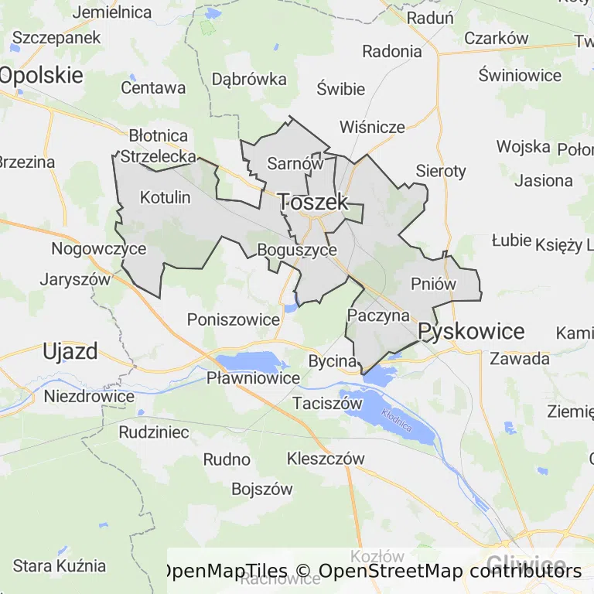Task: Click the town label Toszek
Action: (313, 202)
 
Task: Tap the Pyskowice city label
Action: (471, 332)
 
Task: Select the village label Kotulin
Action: (165, 197)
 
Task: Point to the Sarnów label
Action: (295, 163)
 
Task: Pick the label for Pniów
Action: (434, 284)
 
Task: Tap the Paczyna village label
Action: (378, 315)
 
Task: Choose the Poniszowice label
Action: (233, 319)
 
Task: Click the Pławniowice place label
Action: (253, 378)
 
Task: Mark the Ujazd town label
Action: (70, 351)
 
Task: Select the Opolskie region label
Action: (41, 75)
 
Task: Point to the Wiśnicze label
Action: (372, 127)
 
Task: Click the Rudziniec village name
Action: (154, 432)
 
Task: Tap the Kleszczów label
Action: (325, 458)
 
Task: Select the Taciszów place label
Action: (328, 403)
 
